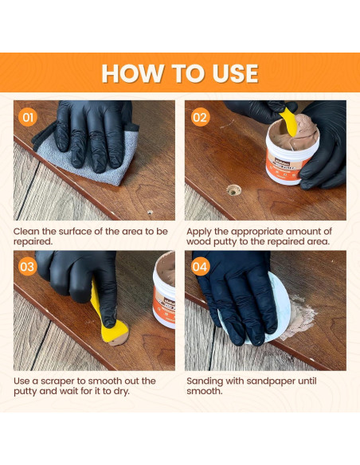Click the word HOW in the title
coord(131,73)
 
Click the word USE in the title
coord(229,73)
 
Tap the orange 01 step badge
coord(29,118)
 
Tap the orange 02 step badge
coord(200,118)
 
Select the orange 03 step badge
coord(29,267)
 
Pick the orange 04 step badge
coord(200,267)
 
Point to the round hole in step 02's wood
coord(233,190)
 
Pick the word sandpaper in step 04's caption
coord(283,381)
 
